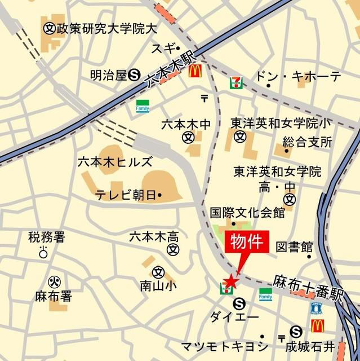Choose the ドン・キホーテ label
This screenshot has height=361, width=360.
click(x=299, y=77)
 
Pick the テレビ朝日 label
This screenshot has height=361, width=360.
click(x=126, y=195)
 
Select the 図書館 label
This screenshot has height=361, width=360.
click(x=294, y=246)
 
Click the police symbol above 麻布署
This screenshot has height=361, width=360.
click(x=54, y=281)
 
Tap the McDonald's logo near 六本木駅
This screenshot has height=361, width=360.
click(x=195, y=71)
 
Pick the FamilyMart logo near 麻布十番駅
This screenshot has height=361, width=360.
click(x=265, y=294)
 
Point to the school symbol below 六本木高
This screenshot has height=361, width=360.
click(x=175, y=249)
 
